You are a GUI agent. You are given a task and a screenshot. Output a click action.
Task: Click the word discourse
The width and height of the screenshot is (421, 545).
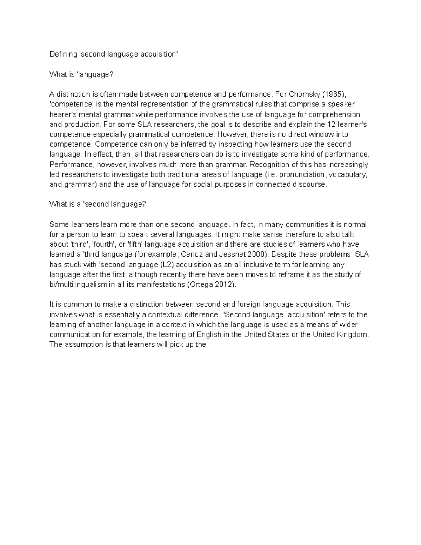click(309, 184)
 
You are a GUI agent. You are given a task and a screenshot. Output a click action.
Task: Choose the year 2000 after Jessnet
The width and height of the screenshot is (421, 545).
click(250, 254)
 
